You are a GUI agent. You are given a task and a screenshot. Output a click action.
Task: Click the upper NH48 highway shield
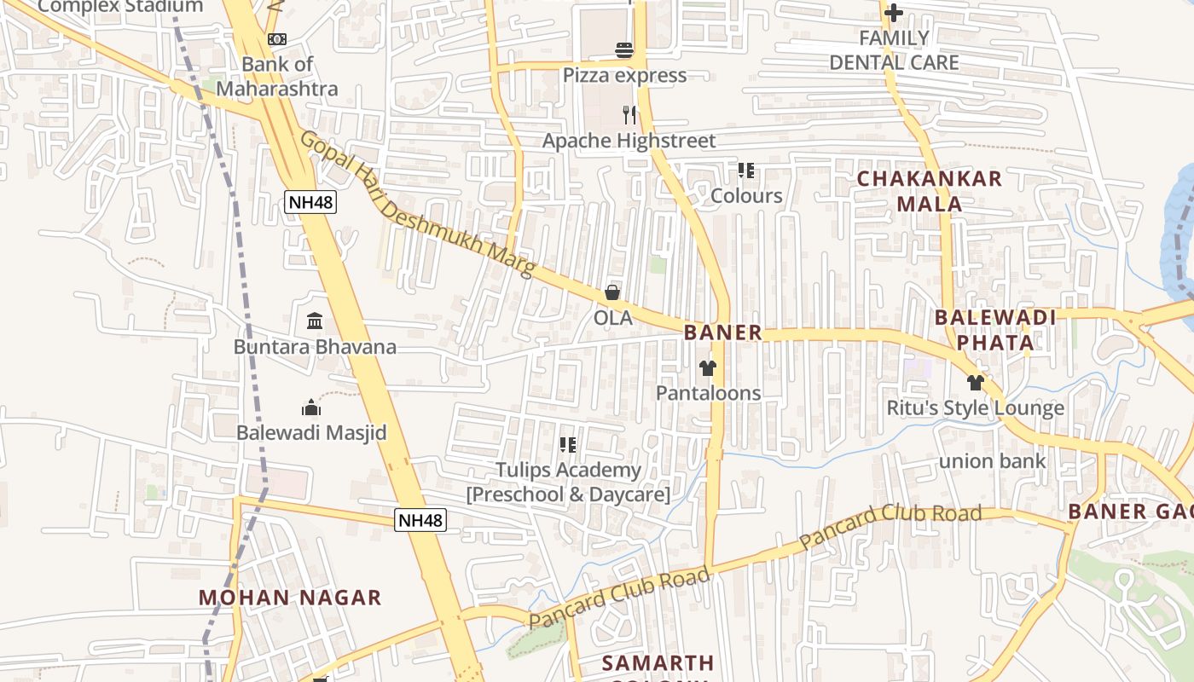pyautogui.click(x=310, y=202)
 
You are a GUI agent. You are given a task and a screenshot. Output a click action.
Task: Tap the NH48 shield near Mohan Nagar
pyautogui.click(x=420, y=519)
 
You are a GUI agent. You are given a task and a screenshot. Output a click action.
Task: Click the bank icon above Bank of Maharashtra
pyautogui.click(x=277, y=39)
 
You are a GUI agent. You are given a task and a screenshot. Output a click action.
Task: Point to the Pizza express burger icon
pyautogui.click(x=624, y=50)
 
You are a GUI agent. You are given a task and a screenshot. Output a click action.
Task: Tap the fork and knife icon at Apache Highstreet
pyautogui.click(x=629, y=115)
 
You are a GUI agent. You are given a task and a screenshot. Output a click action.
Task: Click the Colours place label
pyautogui.click(x=746, y=195)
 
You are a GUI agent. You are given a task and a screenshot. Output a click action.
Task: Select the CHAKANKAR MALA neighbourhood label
pyautogui.click(x=930, y=191)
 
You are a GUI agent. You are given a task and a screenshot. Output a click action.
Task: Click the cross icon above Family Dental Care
pyautogui.click(x=893, y=13)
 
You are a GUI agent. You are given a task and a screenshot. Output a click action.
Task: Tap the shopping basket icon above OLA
pyautogui.click(x=612, y=293)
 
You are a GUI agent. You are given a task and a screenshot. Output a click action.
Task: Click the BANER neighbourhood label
pyautogui.click(x=722, y=332)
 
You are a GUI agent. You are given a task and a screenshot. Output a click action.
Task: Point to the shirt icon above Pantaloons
pyautogui.click(x=708, y=368)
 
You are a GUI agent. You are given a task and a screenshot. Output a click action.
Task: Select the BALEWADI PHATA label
pyautogui.click(x=995, y=330)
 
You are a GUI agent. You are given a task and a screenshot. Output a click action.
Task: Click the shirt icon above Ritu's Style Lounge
pyautogui.click(x=976, y=383)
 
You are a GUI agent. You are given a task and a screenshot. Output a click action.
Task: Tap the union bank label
pyautogui.click(x=992, y=461)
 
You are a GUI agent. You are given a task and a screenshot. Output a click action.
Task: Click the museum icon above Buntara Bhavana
pyautogui.click(x=315, y=321)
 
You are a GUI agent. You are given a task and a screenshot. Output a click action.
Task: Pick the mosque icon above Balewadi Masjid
pyautogui.click(x=311, y=407)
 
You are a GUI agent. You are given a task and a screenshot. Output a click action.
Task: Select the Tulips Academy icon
pyautogui.click(x=568, y=445)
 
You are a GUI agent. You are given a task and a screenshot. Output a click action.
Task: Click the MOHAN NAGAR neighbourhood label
pyautogui.click(x=290, y=597)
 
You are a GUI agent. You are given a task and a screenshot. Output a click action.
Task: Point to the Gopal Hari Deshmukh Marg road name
pyautogui.click(x=417, y=205)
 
